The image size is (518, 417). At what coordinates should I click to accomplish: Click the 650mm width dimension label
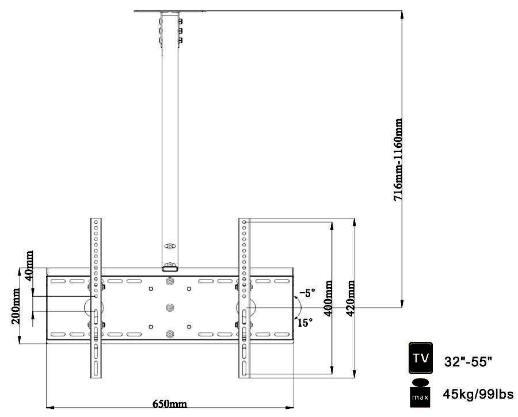(169, 404)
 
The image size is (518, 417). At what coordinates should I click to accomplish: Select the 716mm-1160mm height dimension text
(398, 159)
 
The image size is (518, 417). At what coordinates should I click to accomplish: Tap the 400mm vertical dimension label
(328, 296)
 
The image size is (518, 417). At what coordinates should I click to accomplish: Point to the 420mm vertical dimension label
(350, 296)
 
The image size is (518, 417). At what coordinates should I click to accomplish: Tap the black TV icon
(420, 358)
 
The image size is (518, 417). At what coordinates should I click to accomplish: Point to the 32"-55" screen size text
(468, 362)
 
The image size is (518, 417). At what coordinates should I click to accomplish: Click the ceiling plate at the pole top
(170, 11)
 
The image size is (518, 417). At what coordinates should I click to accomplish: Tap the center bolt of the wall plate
(170, 308)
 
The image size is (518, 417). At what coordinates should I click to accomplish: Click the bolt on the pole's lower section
(169, 246)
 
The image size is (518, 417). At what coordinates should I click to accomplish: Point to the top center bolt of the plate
(170, 282)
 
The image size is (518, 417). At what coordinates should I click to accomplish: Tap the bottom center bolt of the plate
(170, 334)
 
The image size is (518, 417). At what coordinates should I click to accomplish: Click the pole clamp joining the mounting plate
(170, 267)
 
